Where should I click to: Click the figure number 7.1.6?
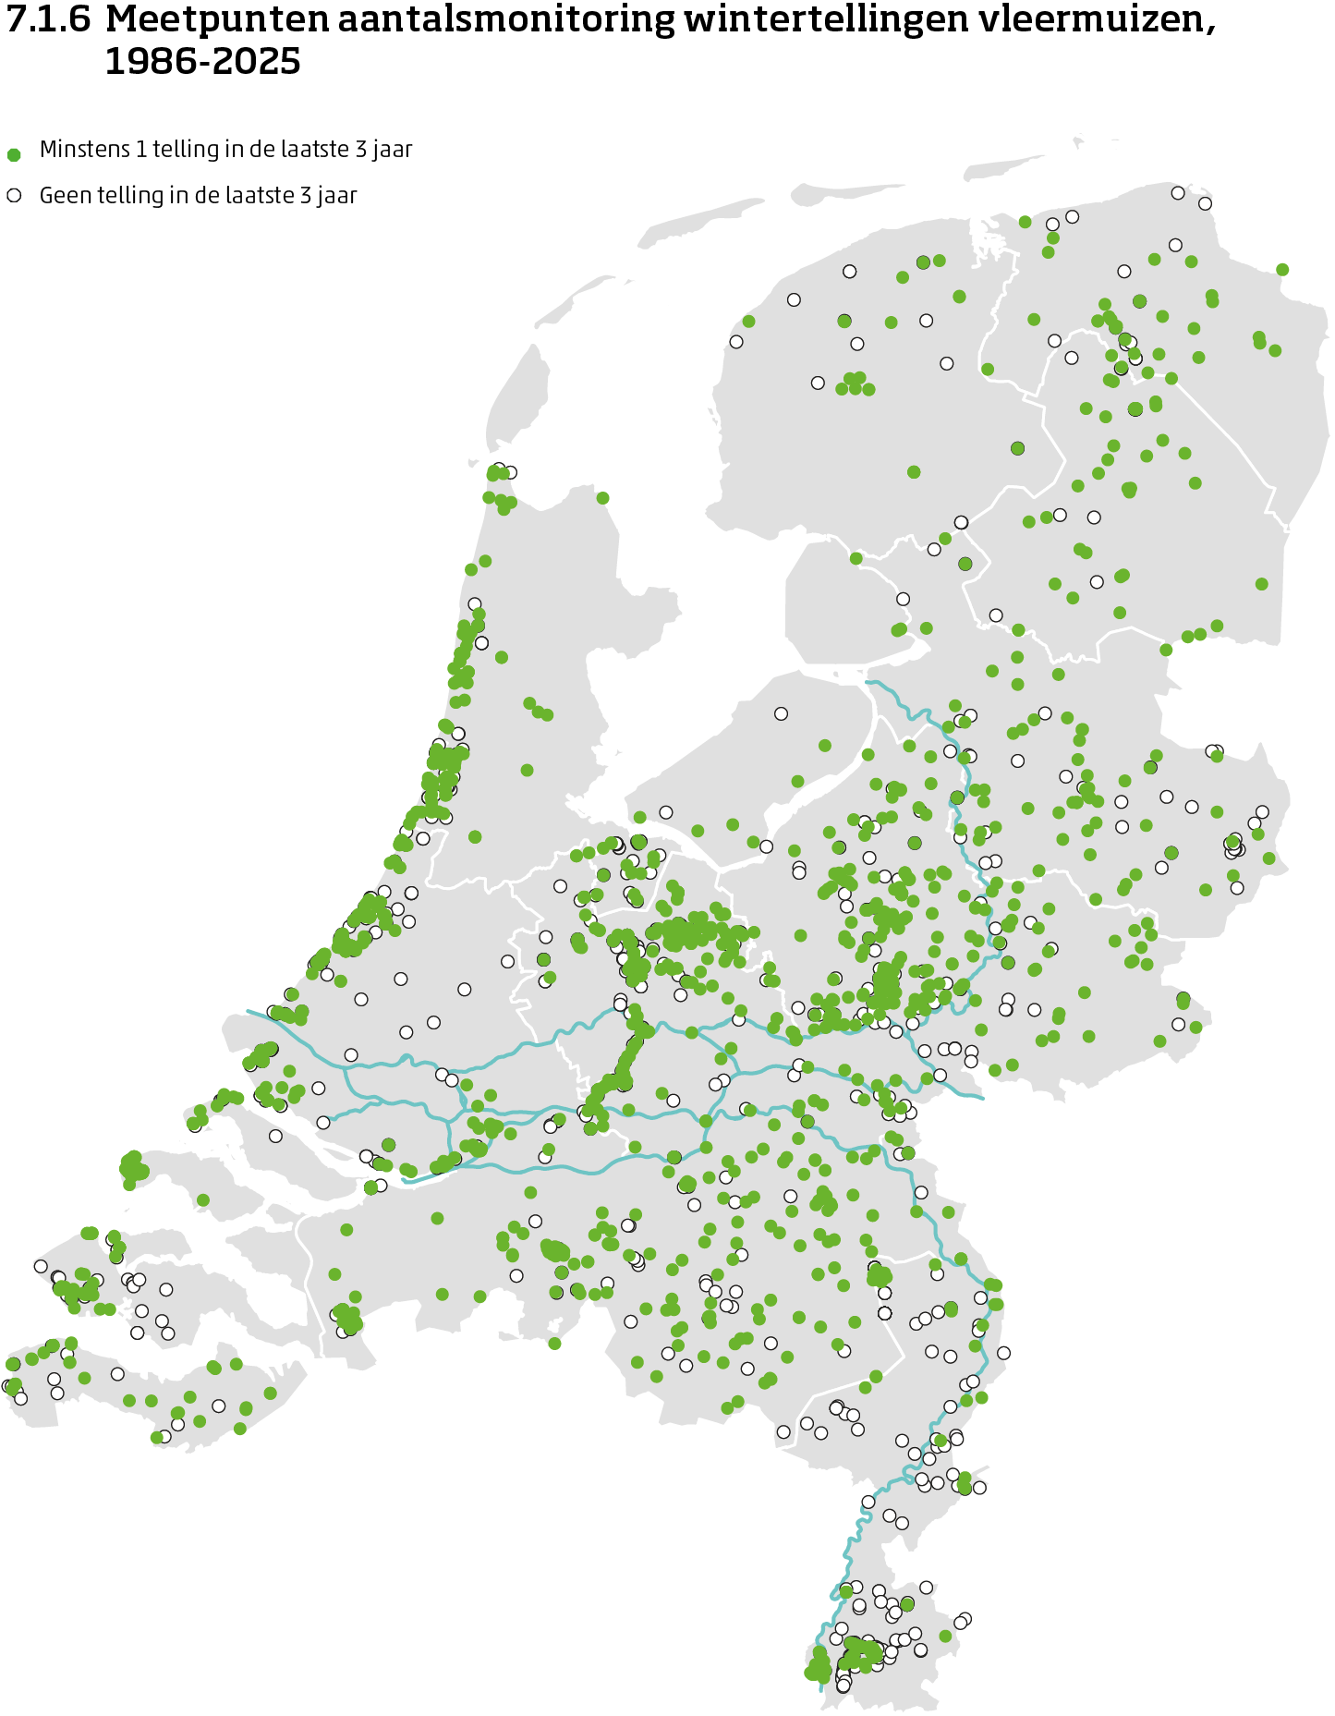click(x=48, y=20)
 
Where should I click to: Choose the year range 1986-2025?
click(x=202, y=62)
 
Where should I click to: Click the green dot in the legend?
click(x=14, y=154)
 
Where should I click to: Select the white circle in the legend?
click(x=14, y=196)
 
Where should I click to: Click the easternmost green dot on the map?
click(x=1282, y=269)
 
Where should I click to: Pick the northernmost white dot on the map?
click(x=1178, y=193)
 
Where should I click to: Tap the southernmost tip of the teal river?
click(x=820, y=1689)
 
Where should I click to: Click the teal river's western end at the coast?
click(x=248, y=1012)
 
